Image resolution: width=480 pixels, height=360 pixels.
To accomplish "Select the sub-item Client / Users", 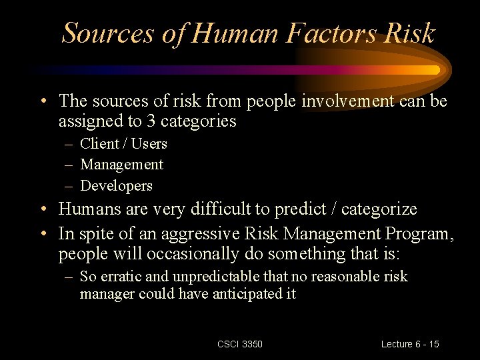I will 123,143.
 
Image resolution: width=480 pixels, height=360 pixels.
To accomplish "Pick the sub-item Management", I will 121,164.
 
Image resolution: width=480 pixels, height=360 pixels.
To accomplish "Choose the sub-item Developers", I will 116,185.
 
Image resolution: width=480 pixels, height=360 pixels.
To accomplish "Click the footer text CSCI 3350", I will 240,344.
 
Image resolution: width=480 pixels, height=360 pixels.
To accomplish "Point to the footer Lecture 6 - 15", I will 410,344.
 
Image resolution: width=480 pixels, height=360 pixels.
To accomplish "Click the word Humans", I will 88,209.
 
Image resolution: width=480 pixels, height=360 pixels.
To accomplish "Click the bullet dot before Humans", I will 42,209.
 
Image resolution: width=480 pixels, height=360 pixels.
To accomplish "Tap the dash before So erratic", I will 69,277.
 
